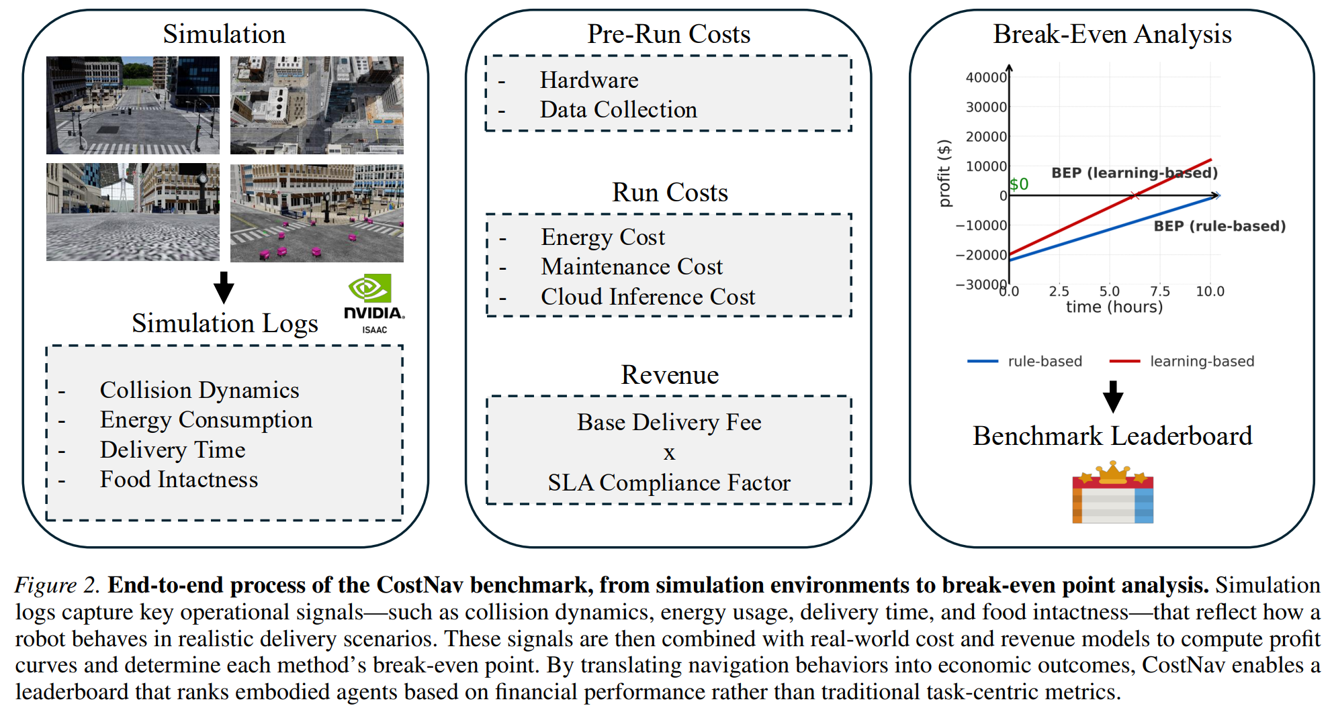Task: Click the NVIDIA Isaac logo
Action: point(373,303)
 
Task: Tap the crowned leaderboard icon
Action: point(1112,493)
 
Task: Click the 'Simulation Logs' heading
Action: point(224,323)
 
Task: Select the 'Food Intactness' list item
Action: point(179,479)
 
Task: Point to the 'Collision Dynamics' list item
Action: point(199,390)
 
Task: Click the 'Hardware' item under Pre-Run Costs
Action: point(589,80)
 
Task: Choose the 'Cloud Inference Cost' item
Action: point(648,297)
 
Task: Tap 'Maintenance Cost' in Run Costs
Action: point(631,266)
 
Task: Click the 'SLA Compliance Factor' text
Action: point(669,482)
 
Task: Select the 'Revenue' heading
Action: point(669,374)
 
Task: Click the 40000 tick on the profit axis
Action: point(986,78)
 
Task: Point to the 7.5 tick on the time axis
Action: point(1159,291)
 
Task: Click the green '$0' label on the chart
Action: point(1019,184)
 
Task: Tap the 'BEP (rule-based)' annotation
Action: point(1219,226)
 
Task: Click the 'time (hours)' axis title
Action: point(1114,307)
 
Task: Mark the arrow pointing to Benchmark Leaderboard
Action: point(1113,397)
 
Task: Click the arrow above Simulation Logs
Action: point(224,287)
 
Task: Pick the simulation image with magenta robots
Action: point(316,213)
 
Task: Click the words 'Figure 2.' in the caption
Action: point(57,585)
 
